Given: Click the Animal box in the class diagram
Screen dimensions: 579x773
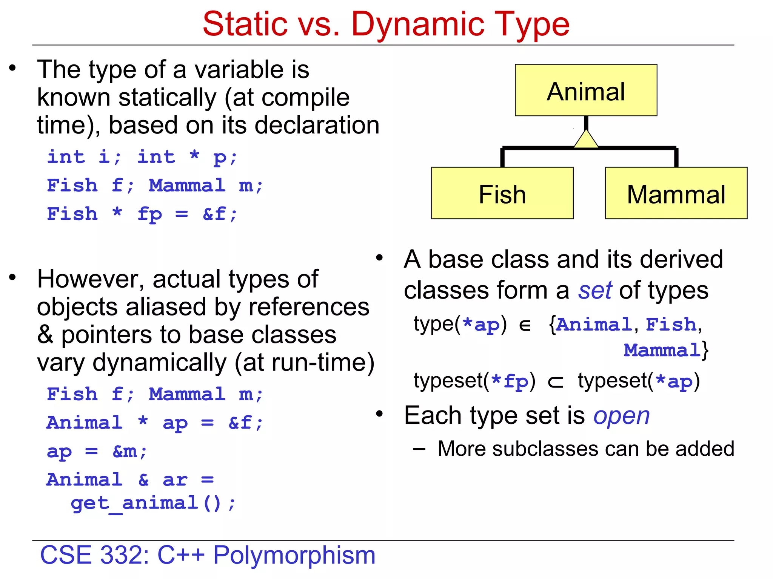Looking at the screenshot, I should (x=586, y=90).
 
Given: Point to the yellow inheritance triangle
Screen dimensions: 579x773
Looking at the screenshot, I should (x=586, y=140).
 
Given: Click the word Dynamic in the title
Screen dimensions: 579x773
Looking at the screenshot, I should (x=417, y=24).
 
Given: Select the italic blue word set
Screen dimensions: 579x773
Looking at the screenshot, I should (x=595, y=291).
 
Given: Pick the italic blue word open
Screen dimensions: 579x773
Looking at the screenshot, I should (x=621, y=416).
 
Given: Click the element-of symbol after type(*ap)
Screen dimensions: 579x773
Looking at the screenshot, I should (x=525, y=325).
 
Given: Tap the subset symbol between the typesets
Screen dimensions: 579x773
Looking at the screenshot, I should (x=556, y=382).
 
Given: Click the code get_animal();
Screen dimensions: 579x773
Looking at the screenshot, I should (x=153, y=503).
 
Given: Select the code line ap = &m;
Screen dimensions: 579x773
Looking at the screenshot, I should (x=97, y=451).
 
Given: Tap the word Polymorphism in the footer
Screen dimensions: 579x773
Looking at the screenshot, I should (x=294, y=555).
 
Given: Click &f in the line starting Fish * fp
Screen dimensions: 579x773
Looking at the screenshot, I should (x=214, y=214).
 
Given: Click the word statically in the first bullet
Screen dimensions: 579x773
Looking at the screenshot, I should (x=168, y=98).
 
